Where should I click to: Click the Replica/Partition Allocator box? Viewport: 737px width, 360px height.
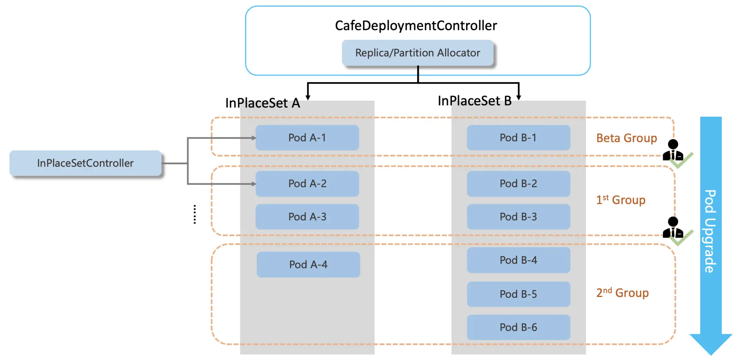click(x=418, y=53)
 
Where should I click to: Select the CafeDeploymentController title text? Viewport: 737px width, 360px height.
click(x=416, y=26)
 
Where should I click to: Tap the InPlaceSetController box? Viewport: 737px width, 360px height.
click(x=85, y=163)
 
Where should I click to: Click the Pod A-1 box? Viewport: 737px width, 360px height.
click(x=307, y=138)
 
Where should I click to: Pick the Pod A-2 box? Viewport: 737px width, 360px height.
click(x=307, y=184)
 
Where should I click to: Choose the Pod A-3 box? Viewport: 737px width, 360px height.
click(x=307, y=217)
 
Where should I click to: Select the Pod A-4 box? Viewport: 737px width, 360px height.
click(x=308, y=265)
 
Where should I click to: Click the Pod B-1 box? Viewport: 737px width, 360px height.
click(x=518, y=138)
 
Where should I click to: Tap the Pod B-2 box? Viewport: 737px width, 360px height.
click(x=518, y=184)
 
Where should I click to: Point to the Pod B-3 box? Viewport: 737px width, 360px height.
click(x=518, y=217)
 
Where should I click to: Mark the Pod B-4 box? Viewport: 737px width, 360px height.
click(x=518, y=260)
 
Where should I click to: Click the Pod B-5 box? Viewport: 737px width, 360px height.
click(x=518, y=294)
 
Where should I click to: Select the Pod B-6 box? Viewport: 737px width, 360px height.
click(x=518, y=327)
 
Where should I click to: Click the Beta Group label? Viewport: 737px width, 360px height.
click(x=626, y=138)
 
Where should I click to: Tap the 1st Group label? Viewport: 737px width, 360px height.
click(x=621, y=200)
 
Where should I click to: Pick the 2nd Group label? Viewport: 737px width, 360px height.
click(x=622, y=293)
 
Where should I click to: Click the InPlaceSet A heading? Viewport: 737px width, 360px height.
click(x=262, y=103)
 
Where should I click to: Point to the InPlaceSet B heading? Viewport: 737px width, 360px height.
click(x=474, y=101)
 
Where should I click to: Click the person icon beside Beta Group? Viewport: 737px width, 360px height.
click(x=673, y=150)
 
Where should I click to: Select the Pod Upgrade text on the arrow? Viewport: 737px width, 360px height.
click(x=710, y=231)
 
